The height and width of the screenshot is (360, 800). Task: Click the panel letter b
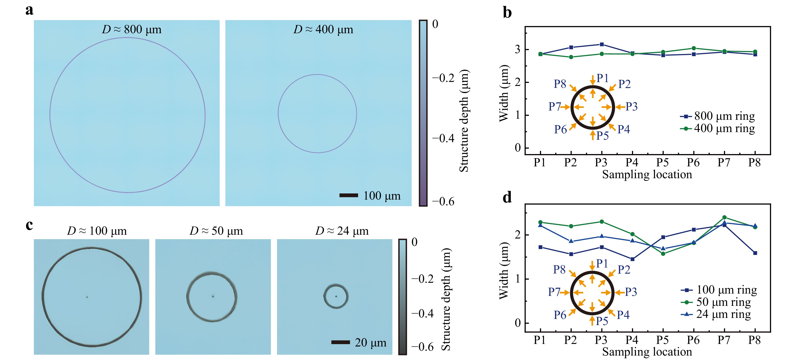tap(507, 13)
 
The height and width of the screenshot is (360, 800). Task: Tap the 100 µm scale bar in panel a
tap(348, 195)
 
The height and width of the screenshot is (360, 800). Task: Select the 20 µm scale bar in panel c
tap(340, 342)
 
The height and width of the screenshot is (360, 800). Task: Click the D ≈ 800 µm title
tap(132, 29)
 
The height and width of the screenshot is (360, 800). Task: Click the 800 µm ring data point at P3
tap(602, 44)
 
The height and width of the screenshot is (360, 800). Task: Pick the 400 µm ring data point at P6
tap(694, 48)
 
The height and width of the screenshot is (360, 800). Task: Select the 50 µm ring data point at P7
tap(724, 217)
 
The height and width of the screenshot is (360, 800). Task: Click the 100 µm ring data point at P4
tap(632, 259)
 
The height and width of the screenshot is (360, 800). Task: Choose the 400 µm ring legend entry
tap(717, 128)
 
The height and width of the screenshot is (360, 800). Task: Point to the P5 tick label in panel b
tap(662, 163)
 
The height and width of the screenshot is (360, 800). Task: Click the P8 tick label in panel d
tap(754, 340)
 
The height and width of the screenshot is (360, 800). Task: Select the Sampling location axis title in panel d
tap(647, 352)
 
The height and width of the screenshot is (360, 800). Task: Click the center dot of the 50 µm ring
tap(213, 296)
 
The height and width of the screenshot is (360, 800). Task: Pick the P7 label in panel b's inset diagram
tap(554, 106)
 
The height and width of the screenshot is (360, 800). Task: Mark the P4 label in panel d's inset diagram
tap(623, 315)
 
